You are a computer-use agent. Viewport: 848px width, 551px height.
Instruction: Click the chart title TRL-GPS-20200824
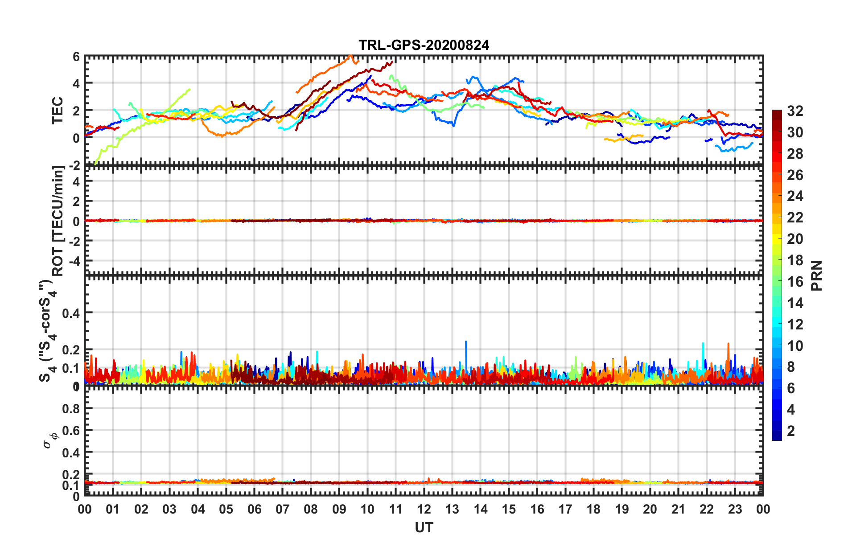pos(424,45)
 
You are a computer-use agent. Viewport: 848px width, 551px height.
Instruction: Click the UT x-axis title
pos(424,528)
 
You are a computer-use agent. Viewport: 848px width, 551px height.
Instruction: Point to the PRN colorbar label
pos(816,275)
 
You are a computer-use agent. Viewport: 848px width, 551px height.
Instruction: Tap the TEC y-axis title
pos(58,111)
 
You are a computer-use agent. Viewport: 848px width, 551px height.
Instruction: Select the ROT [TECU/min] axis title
pos(58,221)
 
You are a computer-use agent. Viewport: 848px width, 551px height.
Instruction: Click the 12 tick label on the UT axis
pos(424,509)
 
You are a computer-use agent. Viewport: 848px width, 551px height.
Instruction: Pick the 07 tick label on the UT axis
pos(283,509)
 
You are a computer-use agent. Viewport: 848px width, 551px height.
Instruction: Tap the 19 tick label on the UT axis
pos(622,509)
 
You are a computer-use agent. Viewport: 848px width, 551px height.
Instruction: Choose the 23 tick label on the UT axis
pos(735,509)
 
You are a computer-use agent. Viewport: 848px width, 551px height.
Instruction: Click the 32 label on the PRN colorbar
pos(795,111)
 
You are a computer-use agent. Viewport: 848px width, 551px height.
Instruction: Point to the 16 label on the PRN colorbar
pos(795,282)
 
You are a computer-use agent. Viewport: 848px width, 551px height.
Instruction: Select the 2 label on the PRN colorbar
pos(791,431)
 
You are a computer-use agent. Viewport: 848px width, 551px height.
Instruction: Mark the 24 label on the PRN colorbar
pos(795,196)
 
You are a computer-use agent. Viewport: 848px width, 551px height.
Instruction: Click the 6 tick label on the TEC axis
pos(76,57)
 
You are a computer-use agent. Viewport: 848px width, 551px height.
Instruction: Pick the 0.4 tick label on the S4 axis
pos(71,313)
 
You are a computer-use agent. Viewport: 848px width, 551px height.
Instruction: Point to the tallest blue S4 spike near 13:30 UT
pos(466,342)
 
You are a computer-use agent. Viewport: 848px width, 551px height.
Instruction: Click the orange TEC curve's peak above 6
pos(350,56)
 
